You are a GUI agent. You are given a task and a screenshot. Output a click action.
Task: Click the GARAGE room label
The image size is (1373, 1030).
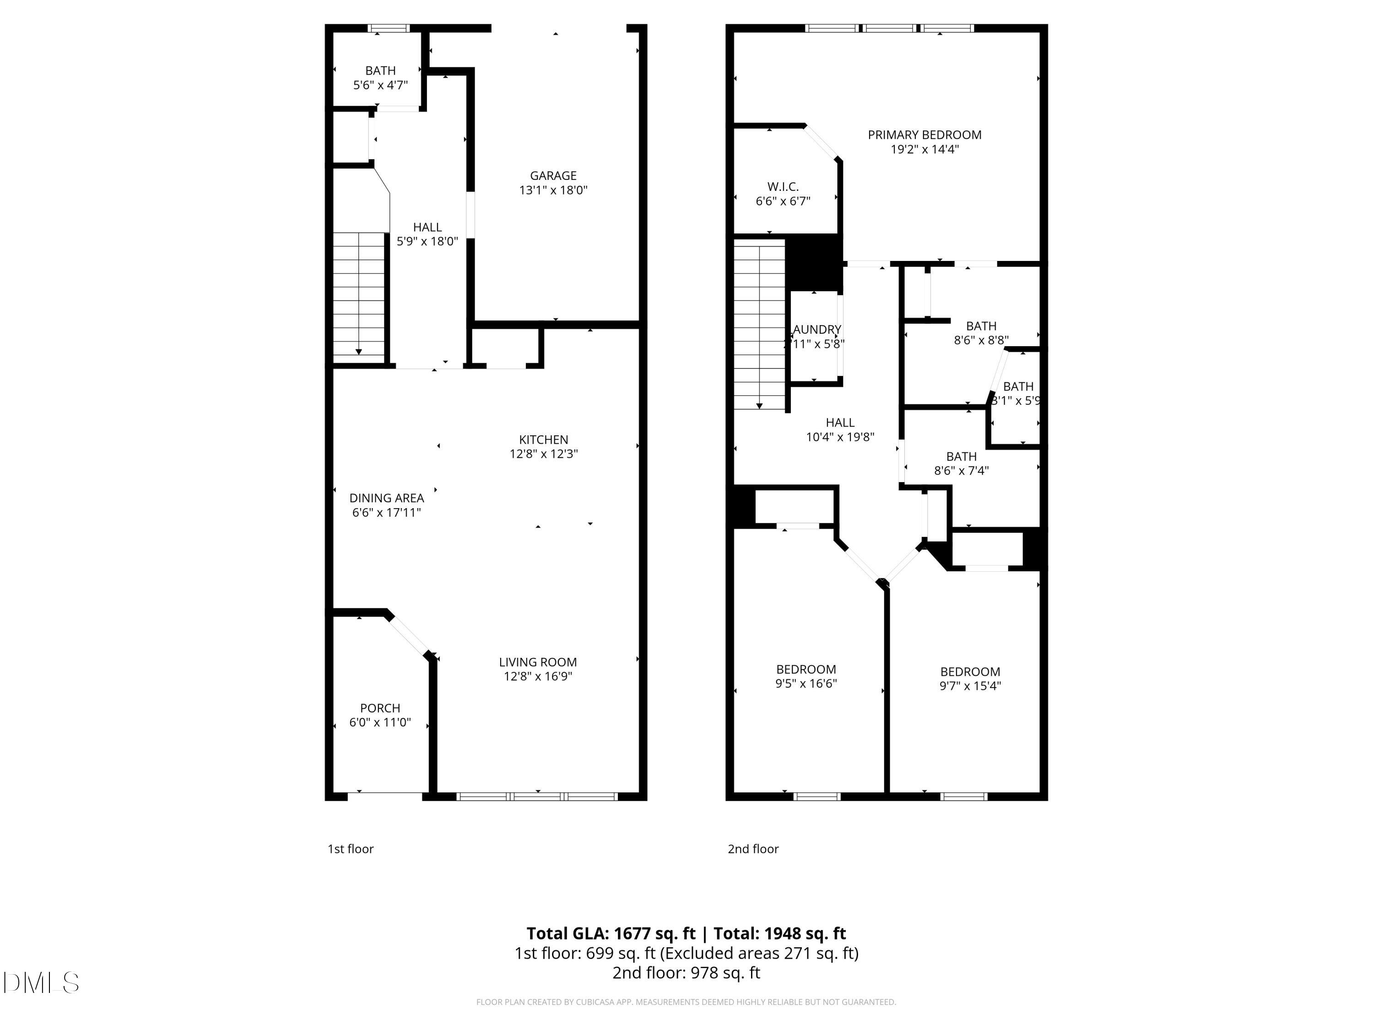pyautogui.click(x=552, y=176)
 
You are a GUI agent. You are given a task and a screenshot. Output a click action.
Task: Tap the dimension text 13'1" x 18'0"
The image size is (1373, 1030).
pyautogui.click(x=552, y=190)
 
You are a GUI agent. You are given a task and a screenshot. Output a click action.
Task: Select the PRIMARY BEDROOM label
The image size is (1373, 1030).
pyautogui.click(x=924, y=135)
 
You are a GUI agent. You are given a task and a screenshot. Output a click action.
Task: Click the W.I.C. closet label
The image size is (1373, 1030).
pyautogui.click(x=783, y=187)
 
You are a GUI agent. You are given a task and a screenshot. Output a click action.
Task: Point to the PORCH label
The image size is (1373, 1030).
pyautogui.click(x=380, y=708)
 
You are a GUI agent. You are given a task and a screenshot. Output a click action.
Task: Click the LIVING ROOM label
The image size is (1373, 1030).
pyautogui.click(x=538, y=662)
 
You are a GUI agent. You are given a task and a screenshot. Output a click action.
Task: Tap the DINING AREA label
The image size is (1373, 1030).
pyautogui.click(x=386, y=498)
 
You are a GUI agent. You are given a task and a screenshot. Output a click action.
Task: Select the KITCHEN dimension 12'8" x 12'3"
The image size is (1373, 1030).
pyautogui.click(x=543, y=454)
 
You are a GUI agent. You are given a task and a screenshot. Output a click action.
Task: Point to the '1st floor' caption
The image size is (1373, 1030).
pyautogui.click(x=350, y=849)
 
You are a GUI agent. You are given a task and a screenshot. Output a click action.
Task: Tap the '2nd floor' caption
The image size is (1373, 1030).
pyautogui.click(x=753, y=849)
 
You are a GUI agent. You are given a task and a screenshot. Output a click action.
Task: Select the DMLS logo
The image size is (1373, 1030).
pyautogui.click(x=41, y=983)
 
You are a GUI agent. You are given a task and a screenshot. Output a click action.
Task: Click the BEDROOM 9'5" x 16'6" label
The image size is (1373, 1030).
pyautogui.click(x=805, y=676)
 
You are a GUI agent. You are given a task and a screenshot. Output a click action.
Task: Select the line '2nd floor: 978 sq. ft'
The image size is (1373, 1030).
pyautogui.click(x=686, y=973)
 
